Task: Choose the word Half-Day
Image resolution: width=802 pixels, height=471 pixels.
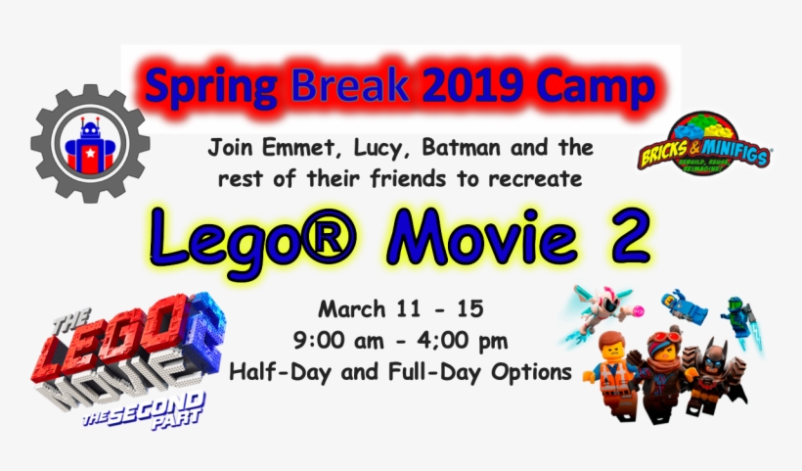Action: click(x=273, y=373)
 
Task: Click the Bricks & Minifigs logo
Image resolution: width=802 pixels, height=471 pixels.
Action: click(x=702, y=143)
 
